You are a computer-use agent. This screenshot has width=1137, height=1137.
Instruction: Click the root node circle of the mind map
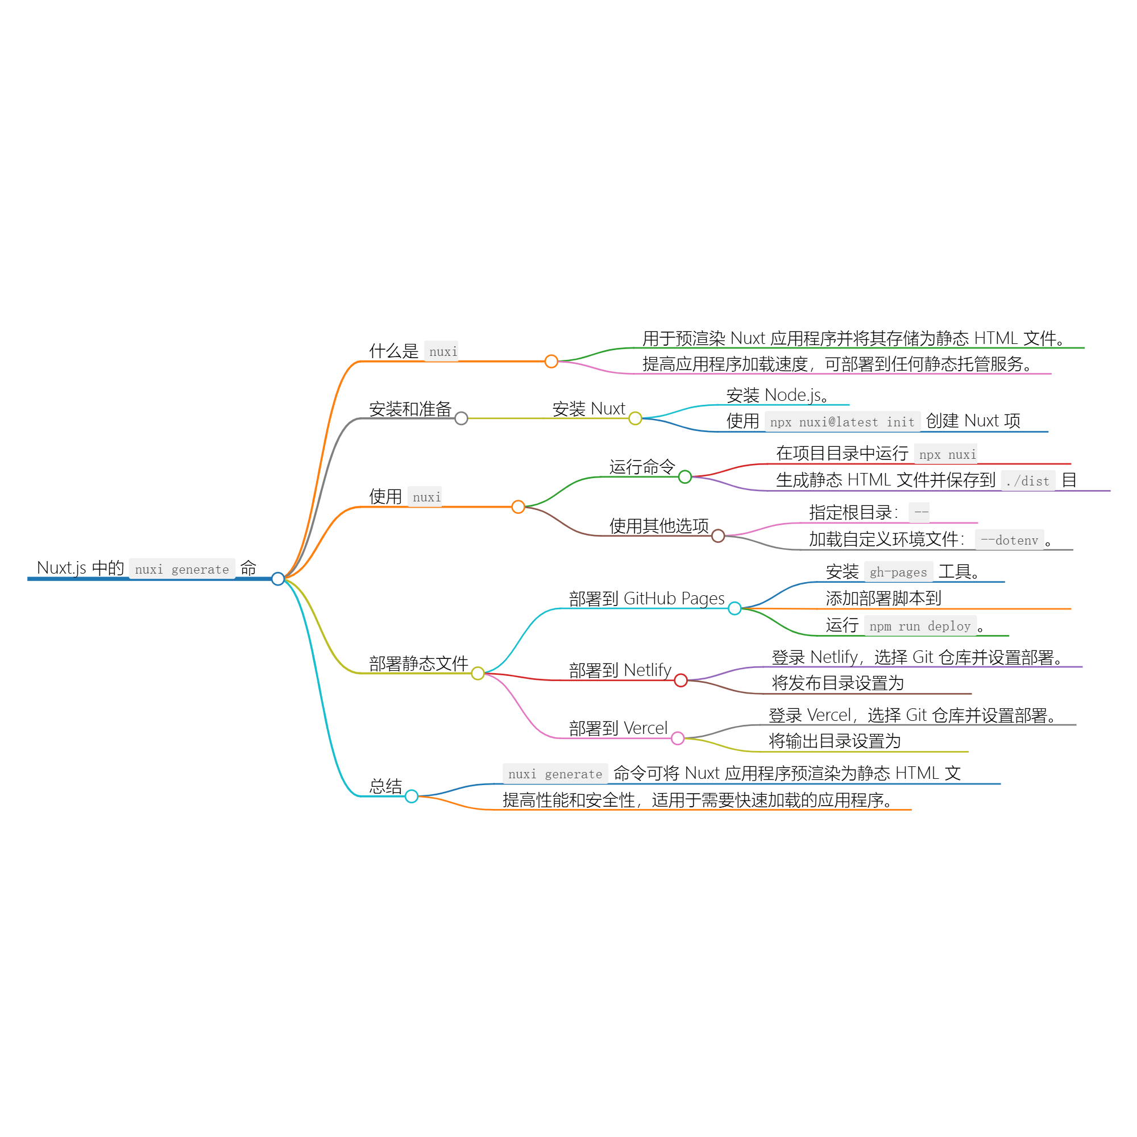point(278,579)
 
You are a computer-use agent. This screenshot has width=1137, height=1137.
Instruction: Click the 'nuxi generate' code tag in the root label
point(182,569)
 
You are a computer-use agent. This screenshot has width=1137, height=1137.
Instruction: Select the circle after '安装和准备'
point(462,418)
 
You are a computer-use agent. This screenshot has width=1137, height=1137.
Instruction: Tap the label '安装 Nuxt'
point(588,409)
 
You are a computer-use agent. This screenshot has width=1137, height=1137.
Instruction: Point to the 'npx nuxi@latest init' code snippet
point(842,422)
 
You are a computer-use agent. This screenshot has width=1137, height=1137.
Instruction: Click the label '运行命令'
point(642,467)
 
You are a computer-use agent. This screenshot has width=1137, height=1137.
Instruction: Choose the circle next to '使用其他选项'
point(718,536)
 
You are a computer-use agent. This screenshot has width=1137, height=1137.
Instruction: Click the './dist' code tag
point(1027,482)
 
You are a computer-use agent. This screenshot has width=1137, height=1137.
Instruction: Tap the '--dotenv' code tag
point(1009,540)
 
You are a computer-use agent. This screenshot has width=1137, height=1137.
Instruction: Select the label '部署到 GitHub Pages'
point(647,599)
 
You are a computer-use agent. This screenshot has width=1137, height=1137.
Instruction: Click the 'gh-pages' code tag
point(898,572)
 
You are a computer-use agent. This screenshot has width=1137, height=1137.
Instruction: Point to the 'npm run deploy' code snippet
point(920,626)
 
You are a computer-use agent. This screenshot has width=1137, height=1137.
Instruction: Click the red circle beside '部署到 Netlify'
point(681,681)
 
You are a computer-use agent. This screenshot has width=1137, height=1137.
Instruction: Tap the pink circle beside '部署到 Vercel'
point(678,738)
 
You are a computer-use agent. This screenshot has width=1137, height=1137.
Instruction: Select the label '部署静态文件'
point(418,664)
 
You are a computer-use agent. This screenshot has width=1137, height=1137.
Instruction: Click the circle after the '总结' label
point(412,797)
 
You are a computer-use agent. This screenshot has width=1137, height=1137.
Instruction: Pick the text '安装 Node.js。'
point(777,396)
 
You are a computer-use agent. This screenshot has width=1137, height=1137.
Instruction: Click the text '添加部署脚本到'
point(883,599)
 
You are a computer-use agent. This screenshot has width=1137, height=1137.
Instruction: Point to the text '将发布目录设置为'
point(837,683)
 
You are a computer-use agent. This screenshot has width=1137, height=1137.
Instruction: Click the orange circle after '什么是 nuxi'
point(551,362)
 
